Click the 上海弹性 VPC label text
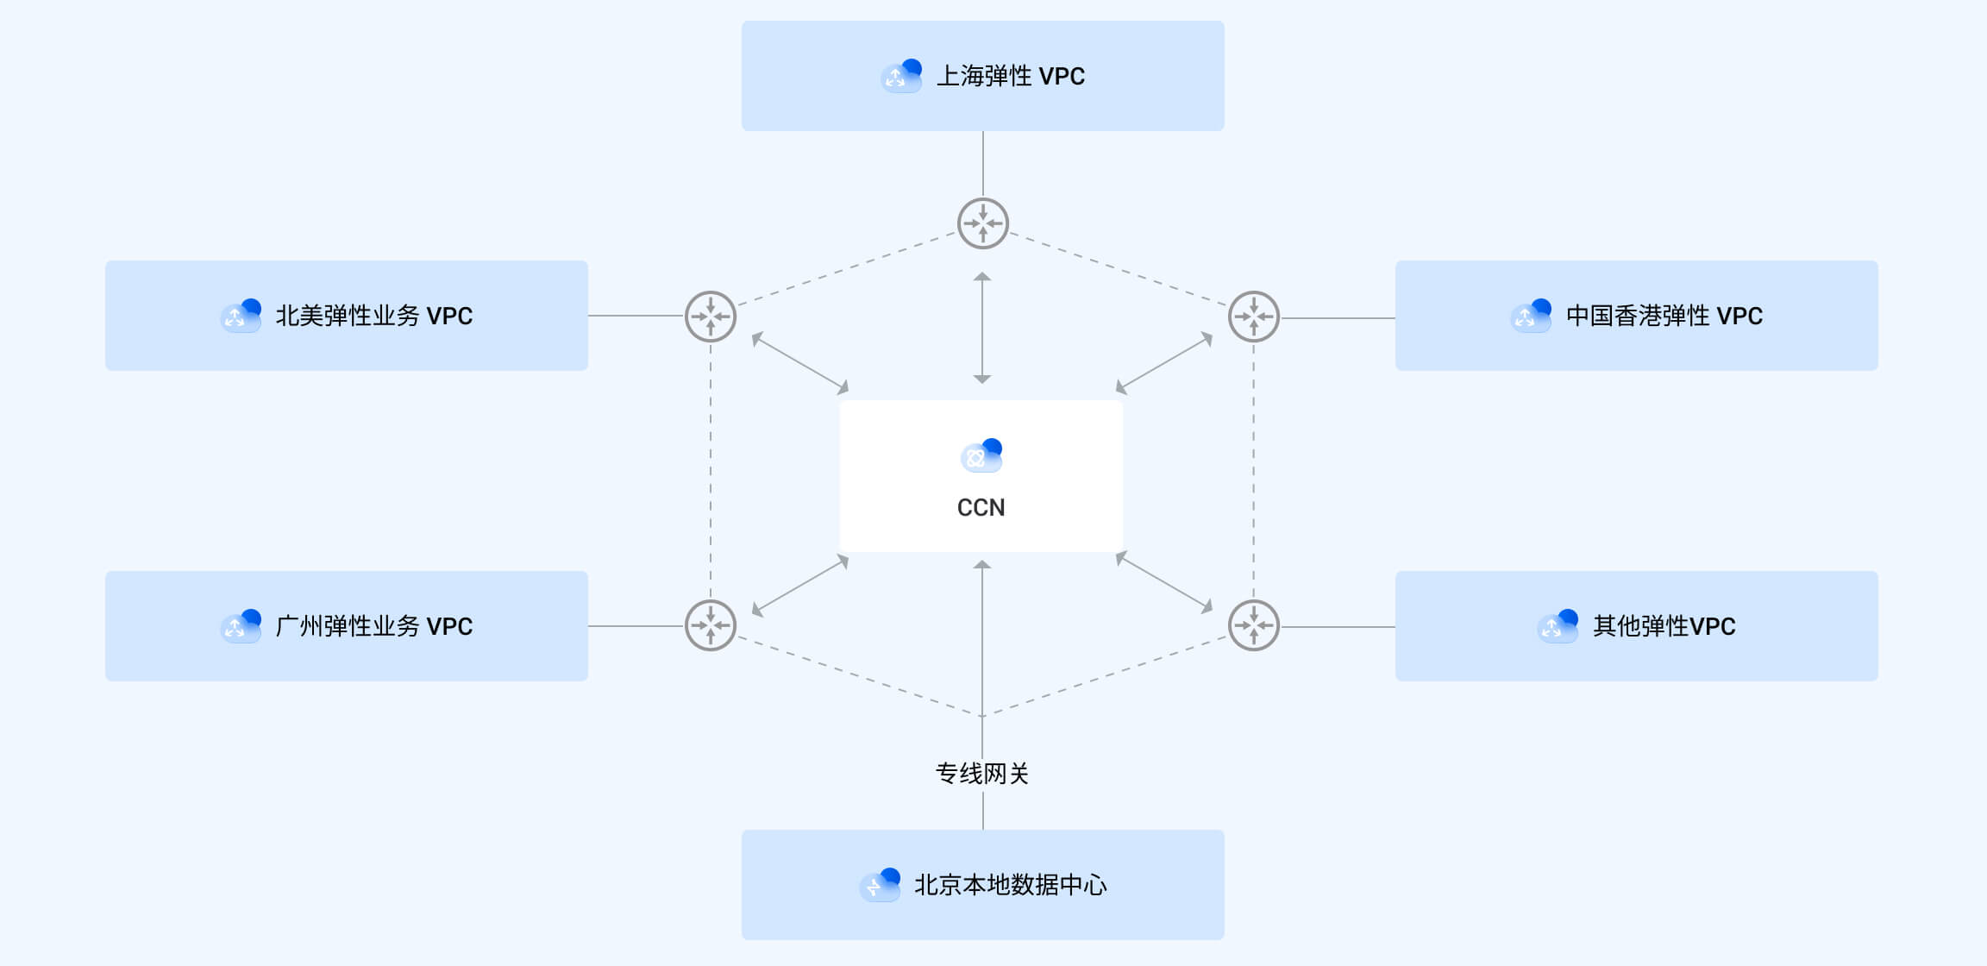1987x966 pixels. pyautogui.click(x=1011, y=76)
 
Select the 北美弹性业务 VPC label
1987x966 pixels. pyautogui.click(x=373, y=316)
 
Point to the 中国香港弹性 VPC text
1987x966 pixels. pyautogui.click(x=1664, y=316)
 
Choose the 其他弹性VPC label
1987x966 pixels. pyautogui.click(x=1664, y=626)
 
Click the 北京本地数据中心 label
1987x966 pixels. pyautogui.click(x=1010, y=885)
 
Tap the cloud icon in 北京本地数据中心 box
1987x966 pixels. pyautogui.click(x=881, y=885)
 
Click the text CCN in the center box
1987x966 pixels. pyautogui.click(x=981, y=507)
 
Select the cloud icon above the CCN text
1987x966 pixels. pyautogui.click(x=981, y=455)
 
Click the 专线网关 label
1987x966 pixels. pyautogui.click(x=982, y=774)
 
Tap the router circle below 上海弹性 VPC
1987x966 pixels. pyautogui.click(x=982, y=223)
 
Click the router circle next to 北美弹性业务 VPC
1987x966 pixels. pyautogui.click(x=711, y=317)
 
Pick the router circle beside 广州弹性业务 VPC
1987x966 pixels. pyautogui.click(x=711, y=625)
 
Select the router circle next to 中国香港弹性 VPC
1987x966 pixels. pyautogui.click(x=1254, y=317)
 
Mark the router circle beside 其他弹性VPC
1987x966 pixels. pyautogui.click(x=1254, y=625)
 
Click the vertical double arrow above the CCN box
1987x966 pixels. pyautogui.click(x=982, y=328)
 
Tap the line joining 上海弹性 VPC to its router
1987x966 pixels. pyautogui.click(x=983, y=164)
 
